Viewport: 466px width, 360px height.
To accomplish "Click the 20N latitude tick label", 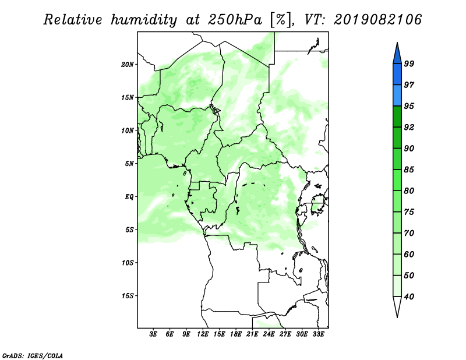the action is (128, 64).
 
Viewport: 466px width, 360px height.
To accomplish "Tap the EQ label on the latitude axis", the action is (129, 196).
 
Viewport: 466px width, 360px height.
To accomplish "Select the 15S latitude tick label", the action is (128, 296).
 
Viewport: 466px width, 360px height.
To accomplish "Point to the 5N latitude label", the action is (129, 164).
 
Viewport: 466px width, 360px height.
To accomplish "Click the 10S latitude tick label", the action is (128, 263).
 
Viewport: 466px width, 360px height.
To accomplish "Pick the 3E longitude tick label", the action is (153, 334).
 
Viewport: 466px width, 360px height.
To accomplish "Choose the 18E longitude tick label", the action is (236, 334).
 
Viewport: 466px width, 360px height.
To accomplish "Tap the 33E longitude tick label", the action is (318, 334).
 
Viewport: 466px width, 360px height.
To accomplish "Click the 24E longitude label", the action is (269, 334).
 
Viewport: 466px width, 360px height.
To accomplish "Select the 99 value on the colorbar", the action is (409, 63).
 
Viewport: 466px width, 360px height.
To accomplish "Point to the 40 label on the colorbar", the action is (409, 297).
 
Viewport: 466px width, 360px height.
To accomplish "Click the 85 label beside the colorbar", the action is (409, 170).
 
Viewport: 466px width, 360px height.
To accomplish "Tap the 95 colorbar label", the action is (409, 106).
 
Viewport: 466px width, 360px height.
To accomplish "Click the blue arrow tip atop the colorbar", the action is (397, 43).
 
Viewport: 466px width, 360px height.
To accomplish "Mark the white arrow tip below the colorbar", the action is (397, 317).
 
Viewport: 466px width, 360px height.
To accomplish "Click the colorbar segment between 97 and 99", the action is (397, 75).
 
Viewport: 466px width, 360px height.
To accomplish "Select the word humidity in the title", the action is (144, 20).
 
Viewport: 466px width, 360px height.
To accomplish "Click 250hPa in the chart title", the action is (235, 20).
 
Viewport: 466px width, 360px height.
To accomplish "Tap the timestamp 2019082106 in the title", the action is (377, 20).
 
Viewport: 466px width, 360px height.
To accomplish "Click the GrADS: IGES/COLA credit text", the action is (33, 355).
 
